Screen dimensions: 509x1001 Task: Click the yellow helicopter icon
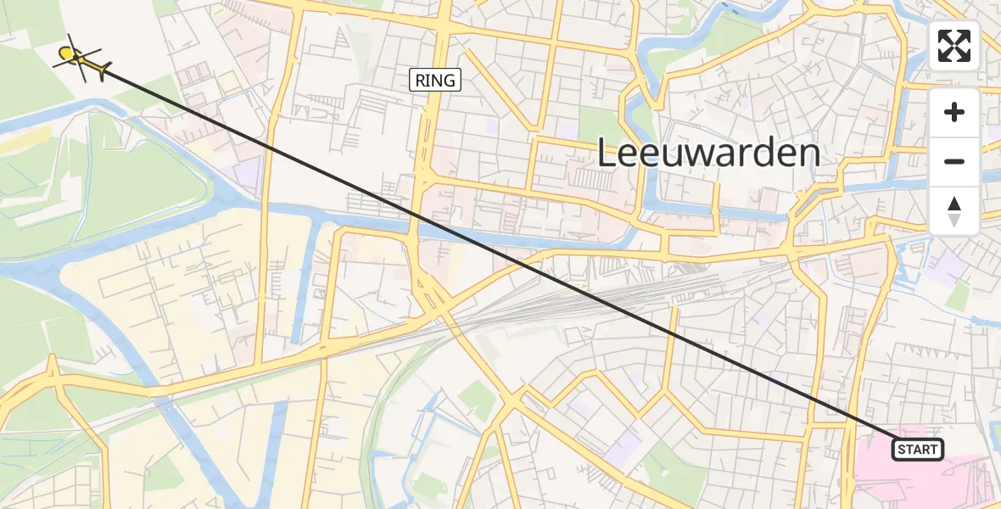tap(81, 59)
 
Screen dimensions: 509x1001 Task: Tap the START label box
tap(917, 450)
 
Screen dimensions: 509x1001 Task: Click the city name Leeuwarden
tap(708, 154)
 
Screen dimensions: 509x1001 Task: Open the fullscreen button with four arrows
tap(954, 46)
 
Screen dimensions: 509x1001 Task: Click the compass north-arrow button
tap(954, 210)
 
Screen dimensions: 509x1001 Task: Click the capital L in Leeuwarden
tap(608, 154)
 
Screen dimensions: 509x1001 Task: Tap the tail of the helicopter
tap(102, 70)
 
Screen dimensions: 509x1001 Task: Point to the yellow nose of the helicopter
tap(64, 55)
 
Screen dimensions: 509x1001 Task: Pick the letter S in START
tap(901, 450)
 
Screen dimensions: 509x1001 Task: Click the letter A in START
tap(917, 450)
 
